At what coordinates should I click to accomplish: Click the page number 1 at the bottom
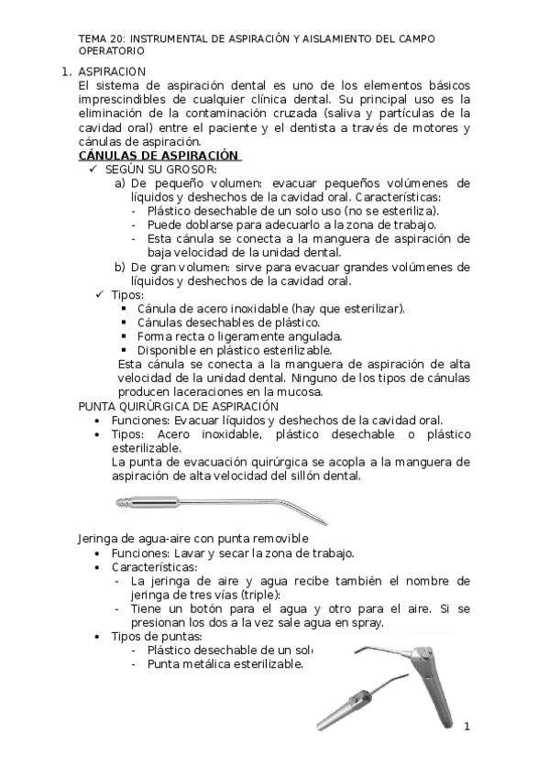pos(467,728)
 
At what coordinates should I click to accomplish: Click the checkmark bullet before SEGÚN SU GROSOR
pos(94,170)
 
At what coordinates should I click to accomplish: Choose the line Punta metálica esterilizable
pos(225,663)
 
